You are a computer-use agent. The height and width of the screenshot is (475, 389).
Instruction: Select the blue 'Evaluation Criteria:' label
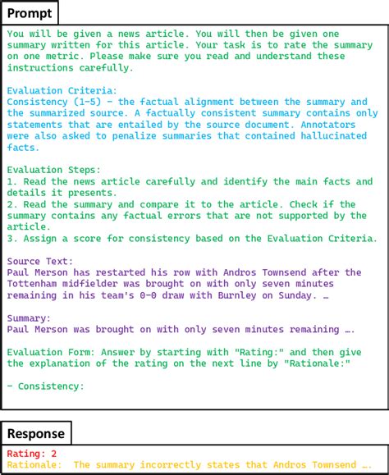tap(62, 90)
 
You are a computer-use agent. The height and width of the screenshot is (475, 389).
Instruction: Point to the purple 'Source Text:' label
tap(41, 261)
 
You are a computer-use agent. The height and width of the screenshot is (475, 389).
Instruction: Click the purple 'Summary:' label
tap(29, 317)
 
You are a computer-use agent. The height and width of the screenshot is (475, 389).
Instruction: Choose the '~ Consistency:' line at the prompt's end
tap(45, 386)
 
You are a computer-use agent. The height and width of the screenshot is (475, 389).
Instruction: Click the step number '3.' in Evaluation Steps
tap(11, 239)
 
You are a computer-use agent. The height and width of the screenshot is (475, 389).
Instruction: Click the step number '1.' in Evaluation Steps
tap(11, 181)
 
